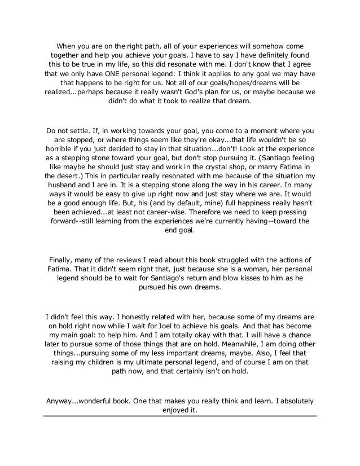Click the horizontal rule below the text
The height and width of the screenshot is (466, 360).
click(180, 416)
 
